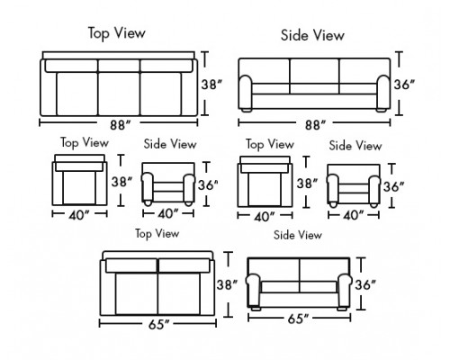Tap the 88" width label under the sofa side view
(x=315, y=125)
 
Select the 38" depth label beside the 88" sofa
(x=211, y=85)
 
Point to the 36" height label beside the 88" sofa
(x=404, y=85)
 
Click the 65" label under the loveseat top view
(x=158, y=324)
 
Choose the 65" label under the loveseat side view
(x=298, y=319)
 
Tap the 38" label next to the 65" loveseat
(x=227, y=285)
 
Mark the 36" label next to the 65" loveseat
(x=365, y=284)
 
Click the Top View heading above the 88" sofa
(x=117, y=33)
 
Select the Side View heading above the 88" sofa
(x=312, y=35)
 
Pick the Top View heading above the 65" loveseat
(x=157, y=233)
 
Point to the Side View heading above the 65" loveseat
(x=298, y=235)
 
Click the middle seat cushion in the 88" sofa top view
(x=119, y=94)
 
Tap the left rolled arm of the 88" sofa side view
(x=246, y=92)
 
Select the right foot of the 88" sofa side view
(x=381, y=110)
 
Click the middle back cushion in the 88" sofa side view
(x=314, y=71)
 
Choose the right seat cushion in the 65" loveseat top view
(x=179, y=293)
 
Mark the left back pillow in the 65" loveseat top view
(x=131, y=265)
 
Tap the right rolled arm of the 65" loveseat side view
(x=344, y=290)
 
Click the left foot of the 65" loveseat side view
(x=256, y=308)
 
